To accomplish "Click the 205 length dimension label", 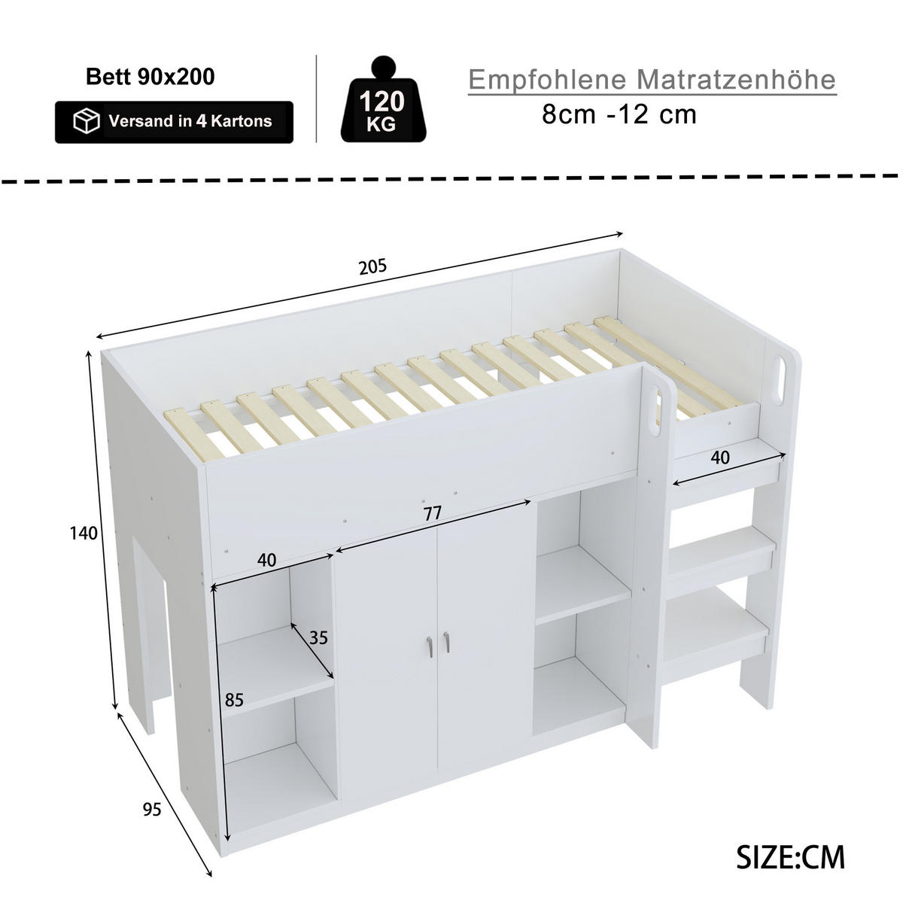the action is click(372, 266).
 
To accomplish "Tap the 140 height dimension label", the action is click(84, 533).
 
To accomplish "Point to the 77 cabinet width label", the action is click(432, 513).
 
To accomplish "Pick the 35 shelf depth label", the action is click(318, 637).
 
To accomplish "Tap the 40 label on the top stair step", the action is click(720, 457).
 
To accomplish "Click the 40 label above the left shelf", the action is click(266, 560).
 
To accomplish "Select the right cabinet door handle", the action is click(446, 642).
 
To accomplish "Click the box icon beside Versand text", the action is click(87, 121).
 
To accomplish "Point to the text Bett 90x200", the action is click(150, 77).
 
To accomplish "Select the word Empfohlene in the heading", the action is click(547, 79).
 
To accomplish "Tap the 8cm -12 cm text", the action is click(619, 114).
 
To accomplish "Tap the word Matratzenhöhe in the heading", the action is click(736, 79).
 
